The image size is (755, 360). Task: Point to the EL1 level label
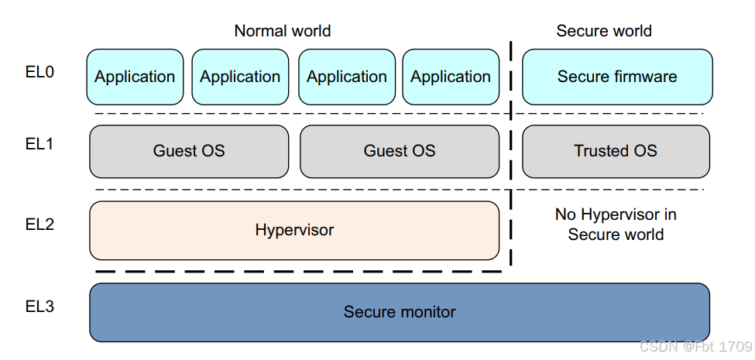pos(39,143)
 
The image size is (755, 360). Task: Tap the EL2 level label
pos(39,225)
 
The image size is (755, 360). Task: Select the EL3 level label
pos(39,307)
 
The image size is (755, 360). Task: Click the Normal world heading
pos(282,31)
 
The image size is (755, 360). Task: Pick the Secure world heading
pos(604,31)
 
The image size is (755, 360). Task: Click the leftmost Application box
pos(135,77)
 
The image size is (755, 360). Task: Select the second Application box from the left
pos(240,77)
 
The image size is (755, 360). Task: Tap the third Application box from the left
pos(346,77)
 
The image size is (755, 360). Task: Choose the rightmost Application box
pos(451,77)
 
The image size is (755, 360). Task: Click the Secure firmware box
pos(617,77)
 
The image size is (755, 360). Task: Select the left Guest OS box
pos(189,151)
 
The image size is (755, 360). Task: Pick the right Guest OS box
pos(400,151)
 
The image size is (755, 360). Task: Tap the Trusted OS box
pos(616,151)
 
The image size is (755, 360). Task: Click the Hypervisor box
pos(294,230)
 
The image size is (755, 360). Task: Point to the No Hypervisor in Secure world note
pos(616,225)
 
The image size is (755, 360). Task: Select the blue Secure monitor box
pos(400,312)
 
